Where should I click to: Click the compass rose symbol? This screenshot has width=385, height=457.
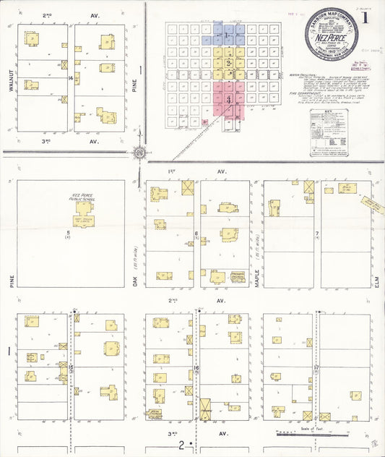139,153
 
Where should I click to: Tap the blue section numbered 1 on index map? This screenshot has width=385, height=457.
227,35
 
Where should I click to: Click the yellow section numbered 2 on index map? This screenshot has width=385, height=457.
228,63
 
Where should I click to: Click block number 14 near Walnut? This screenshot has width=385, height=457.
70,77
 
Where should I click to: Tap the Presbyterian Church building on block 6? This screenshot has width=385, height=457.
237,277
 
